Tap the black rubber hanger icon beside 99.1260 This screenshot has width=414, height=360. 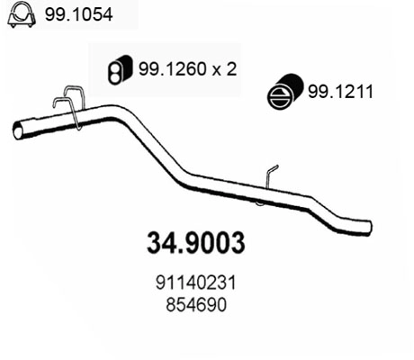click(116, 68)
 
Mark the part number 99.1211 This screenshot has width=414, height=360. click(339, 92)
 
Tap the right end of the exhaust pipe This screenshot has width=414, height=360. click(364, 226)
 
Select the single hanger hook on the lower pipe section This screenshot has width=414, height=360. click(271, 176)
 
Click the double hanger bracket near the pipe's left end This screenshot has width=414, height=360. click(70, 106)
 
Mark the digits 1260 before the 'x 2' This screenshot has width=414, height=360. click(180, 67)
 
